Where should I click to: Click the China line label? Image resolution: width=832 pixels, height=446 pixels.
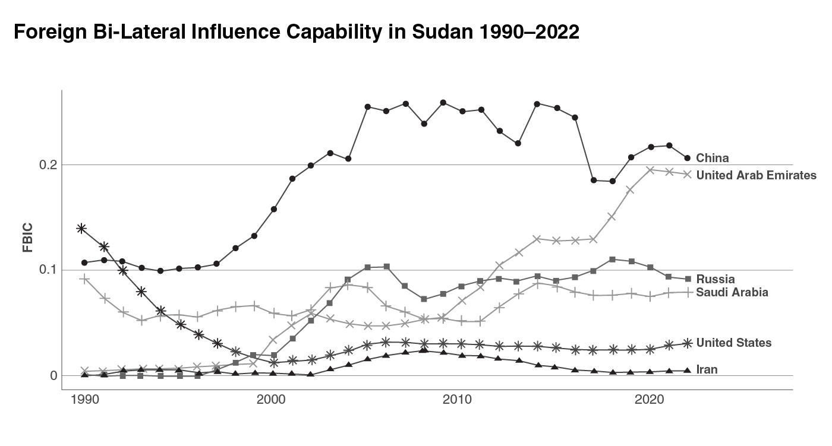pos(712,158)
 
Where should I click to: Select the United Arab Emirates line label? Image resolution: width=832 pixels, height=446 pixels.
pos(756,175)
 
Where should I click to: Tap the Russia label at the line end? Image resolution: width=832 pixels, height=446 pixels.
pos(716,279)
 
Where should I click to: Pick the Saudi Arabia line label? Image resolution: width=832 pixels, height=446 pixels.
pos(732,292)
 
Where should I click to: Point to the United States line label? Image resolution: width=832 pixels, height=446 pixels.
pos(733,343)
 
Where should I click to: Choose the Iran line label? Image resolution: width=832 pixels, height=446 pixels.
pos(707,370)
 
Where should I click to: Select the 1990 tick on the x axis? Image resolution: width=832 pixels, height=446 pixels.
pos(84,400)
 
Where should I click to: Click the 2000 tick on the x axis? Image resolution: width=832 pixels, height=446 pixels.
pos(272,400)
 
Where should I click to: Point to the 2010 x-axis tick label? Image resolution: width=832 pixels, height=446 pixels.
pos(461,400)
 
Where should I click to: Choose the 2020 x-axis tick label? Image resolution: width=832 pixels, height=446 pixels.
pos(649,400)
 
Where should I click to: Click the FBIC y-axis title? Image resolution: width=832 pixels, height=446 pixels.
pos(28,238)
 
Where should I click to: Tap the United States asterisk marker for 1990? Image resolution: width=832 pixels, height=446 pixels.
pos(82,228)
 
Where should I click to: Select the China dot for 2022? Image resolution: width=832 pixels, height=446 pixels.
pos(688,158)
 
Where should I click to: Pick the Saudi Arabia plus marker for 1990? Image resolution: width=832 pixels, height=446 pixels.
pos(84,279)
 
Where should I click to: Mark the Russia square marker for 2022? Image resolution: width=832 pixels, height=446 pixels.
pos(688,279)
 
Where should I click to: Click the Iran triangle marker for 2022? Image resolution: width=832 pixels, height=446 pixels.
pos(688,371)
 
